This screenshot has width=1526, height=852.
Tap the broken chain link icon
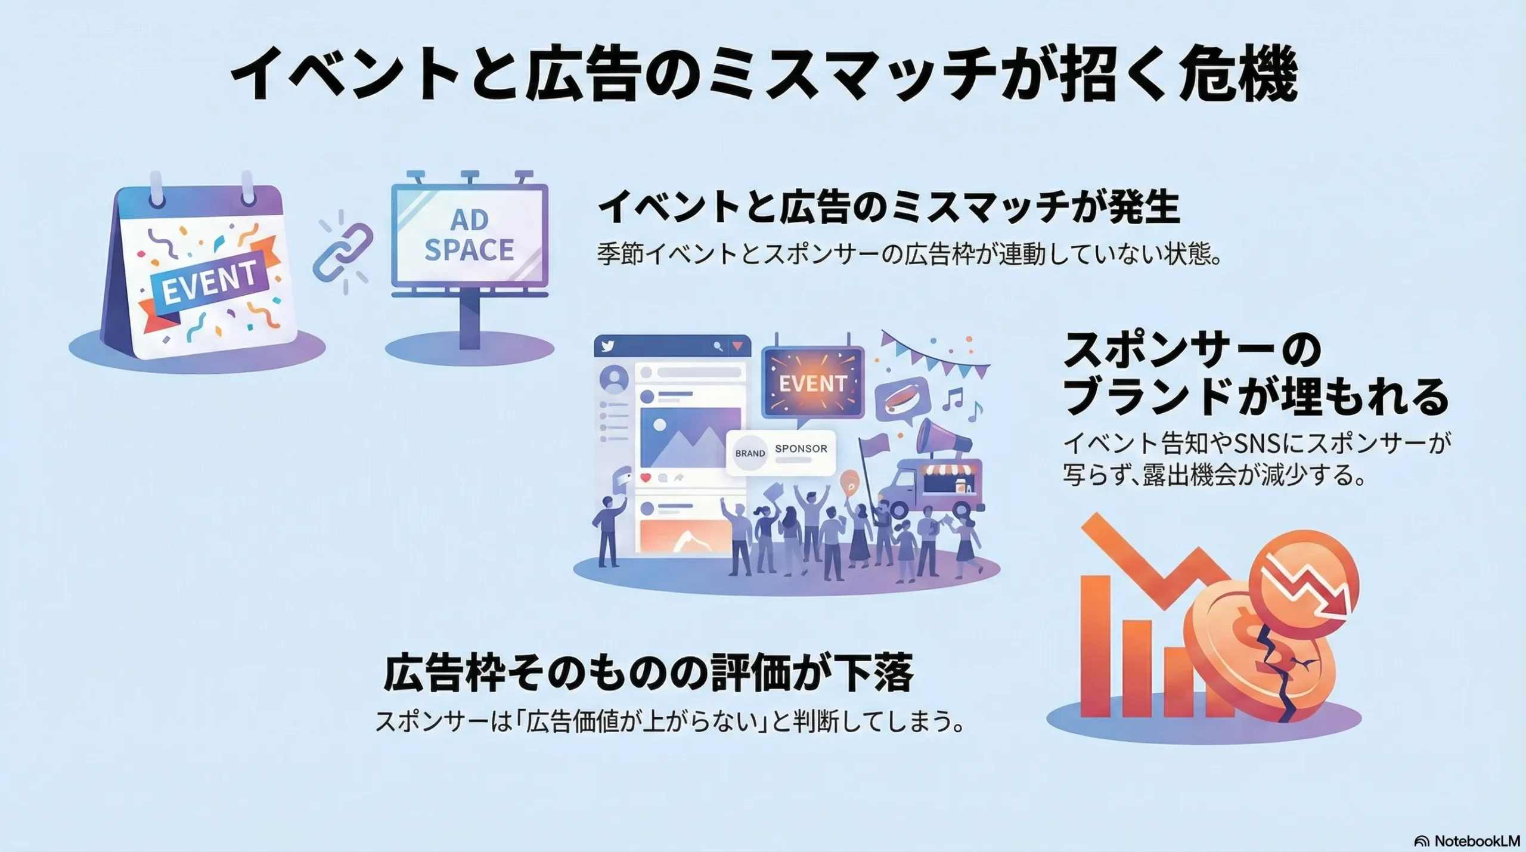click(x=343, y=252)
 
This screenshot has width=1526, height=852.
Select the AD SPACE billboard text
click(x=469, y=236)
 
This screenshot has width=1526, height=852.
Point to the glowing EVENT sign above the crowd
click(x=813, y=383)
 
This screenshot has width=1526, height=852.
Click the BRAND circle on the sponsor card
click(x=750, y=453)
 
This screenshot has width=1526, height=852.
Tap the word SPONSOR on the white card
click(x=801, y=448)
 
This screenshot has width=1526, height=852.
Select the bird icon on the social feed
click(x=608, y=346)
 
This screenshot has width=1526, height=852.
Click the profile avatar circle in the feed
click(x=613, y=379)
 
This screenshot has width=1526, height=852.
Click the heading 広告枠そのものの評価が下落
click(x=649, y=674)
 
